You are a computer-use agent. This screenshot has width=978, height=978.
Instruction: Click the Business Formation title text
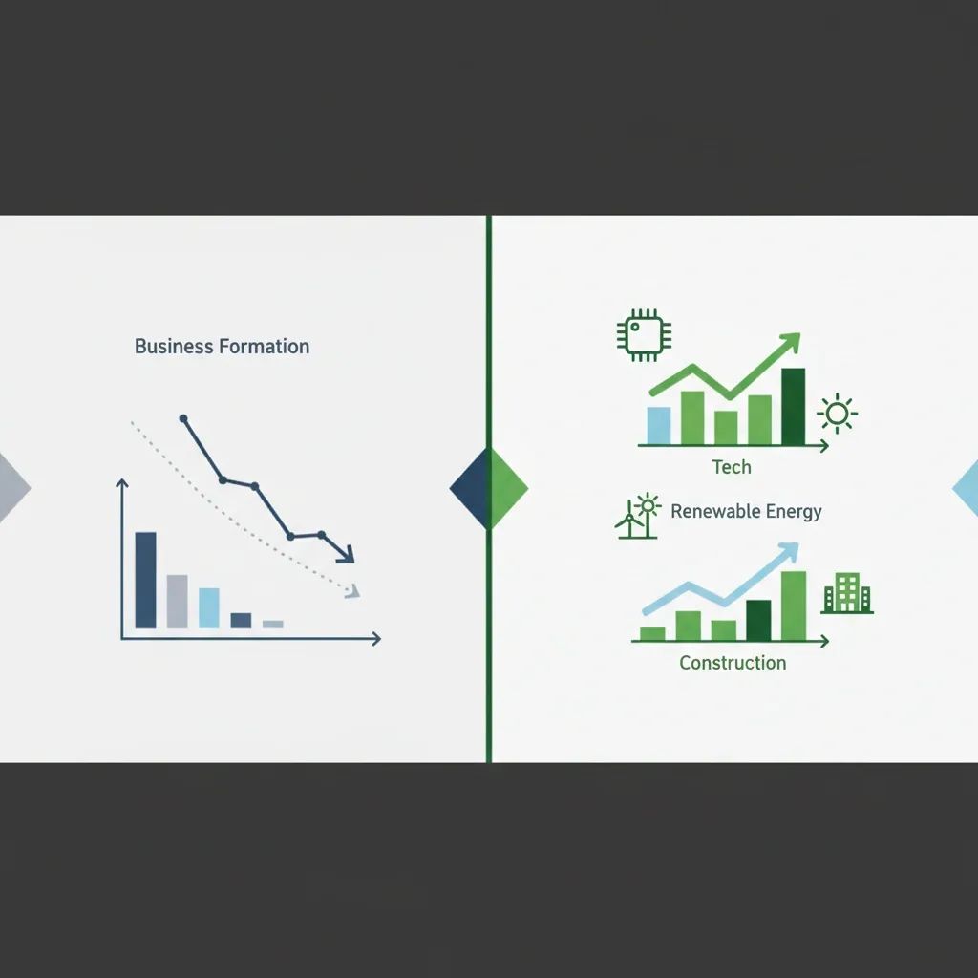(222, 346)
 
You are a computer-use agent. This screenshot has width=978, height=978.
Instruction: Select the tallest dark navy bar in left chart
(145, 580)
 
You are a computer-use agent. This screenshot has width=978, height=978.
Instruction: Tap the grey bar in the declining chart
(178, 601)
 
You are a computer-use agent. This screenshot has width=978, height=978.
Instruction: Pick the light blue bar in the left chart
(209, 607)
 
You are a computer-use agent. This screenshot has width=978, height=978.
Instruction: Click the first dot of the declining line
(183, 418)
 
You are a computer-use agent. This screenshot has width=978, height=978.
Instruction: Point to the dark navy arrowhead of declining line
(345, 554)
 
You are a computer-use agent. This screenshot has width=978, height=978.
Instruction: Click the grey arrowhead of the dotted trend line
(352, 593)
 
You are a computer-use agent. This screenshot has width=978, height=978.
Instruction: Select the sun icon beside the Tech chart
(837, 414)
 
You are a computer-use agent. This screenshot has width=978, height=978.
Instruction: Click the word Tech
(732, 467)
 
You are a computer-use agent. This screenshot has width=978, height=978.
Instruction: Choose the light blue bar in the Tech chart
(659, 426)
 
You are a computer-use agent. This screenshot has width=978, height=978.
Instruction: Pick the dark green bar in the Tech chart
(793, 407)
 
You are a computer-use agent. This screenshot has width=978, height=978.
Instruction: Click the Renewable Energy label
(746, 511)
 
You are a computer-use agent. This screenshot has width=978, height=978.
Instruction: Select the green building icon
(847, 593)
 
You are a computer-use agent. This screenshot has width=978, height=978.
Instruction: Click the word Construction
(733, 663)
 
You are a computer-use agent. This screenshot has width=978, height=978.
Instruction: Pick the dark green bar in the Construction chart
(758, 620)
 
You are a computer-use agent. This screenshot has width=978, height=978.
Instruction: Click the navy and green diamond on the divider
(489, 488)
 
